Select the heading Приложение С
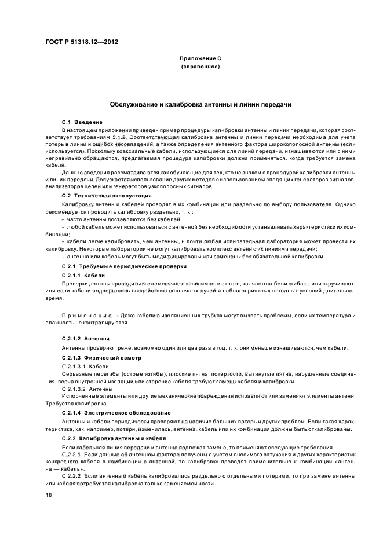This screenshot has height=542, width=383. (199, 58)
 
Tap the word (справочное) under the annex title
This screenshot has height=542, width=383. (199, 67)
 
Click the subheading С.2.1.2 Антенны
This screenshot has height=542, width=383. (85, 338)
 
